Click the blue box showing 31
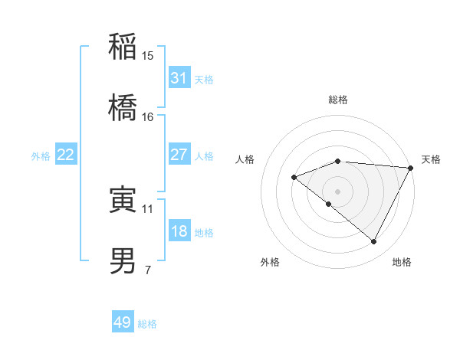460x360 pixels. (x=179, y=78)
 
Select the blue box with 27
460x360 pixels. (x=179, y=155)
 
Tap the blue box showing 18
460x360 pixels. (x=179, y=232)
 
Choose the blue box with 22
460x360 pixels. (x=66, y=155)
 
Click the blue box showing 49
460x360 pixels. (x=123, y=322)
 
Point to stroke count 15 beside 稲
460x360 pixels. (x=148, y=56)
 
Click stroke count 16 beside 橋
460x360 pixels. (x=148, y=116)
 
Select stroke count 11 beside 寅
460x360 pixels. (x=148, y=208)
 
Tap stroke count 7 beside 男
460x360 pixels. (x=148, y=270)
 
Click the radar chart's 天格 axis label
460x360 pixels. (x=431, y=159)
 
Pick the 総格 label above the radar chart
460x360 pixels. (x=338, y=100)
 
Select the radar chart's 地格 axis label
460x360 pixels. (x=402, y=262)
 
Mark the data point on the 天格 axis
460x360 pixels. (x=411, y=168)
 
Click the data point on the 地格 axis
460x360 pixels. (x=374, y=242)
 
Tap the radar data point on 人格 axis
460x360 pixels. (x=294, y=177)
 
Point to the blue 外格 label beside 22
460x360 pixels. (x=41, y=156)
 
